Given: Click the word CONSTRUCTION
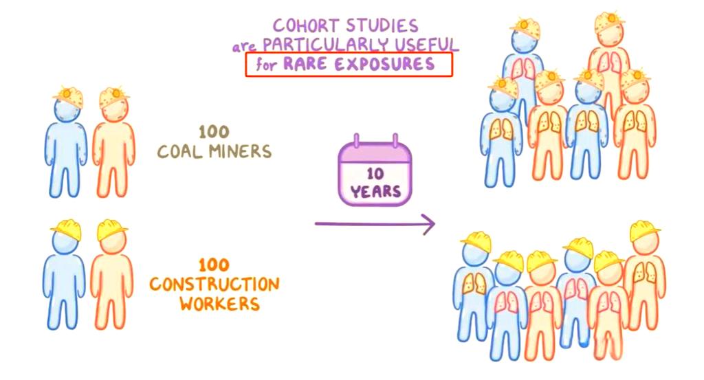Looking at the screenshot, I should coord(214,284).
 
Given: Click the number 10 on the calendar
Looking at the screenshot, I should coord(375,173).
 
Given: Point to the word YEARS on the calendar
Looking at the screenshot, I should coord(375,190).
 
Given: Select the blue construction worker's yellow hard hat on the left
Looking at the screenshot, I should coord(67,230).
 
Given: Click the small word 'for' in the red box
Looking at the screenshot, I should coord(263,66).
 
